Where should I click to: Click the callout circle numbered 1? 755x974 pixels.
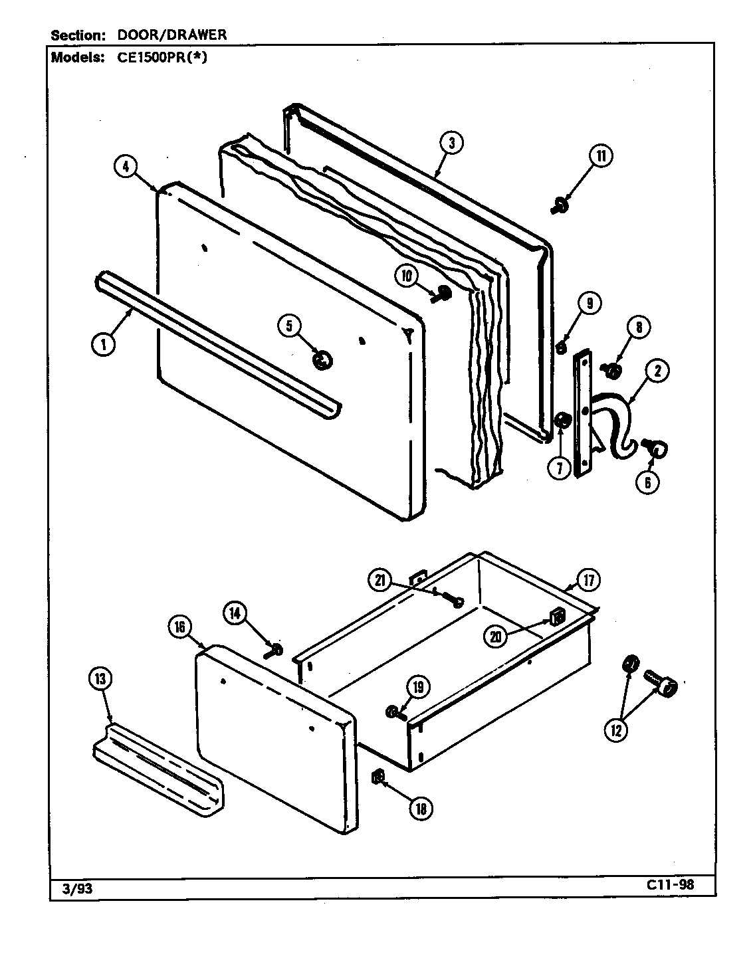point(102,344)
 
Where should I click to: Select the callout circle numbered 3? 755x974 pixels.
point(451,144)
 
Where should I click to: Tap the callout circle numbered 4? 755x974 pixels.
point(125,166)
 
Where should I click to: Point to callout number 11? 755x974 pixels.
point(600,157)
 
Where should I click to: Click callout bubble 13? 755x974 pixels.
point(100,680)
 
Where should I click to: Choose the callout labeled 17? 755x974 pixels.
point(588,580)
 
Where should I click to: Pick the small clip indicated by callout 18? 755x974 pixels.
point(376,775)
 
